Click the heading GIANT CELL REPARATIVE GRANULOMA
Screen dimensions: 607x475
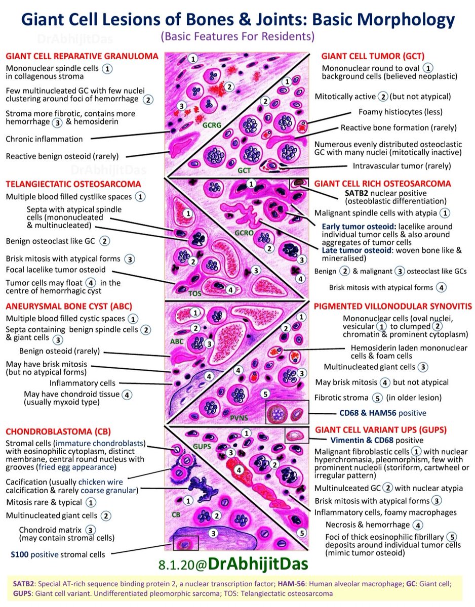82,56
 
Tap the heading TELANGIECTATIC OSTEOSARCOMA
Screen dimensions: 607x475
73,184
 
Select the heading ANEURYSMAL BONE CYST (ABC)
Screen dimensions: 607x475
69,306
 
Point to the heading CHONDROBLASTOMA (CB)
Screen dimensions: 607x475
58,431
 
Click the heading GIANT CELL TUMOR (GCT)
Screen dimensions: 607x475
373,56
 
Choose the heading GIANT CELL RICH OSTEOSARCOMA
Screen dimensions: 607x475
382,184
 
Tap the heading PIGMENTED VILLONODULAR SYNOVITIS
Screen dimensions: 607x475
393,306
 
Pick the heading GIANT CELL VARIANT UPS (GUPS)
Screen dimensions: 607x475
381,430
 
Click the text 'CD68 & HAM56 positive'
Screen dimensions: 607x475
383,413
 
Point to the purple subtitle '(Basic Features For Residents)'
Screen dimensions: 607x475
238,36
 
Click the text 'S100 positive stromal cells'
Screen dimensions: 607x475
58,554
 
